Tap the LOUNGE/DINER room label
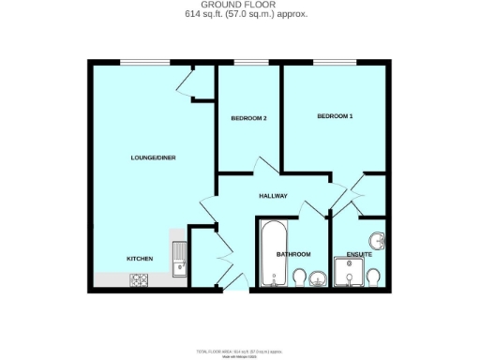click(x=153, y=157)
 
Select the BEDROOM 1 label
click(x=335, y=116)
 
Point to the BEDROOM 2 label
click(x=249, y=118)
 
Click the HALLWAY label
click(x=273, y=196)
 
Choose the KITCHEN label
click(x=141, y=258)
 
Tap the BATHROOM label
click(x=292, y=254)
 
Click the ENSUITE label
click(x=359, y=254)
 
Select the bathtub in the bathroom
click(x=274, y=251)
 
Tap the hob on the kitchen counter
click(x=140, y=278)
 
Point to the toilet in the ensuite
click(x=373, y=277)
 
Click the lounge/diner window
click(x=145, y=62)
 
